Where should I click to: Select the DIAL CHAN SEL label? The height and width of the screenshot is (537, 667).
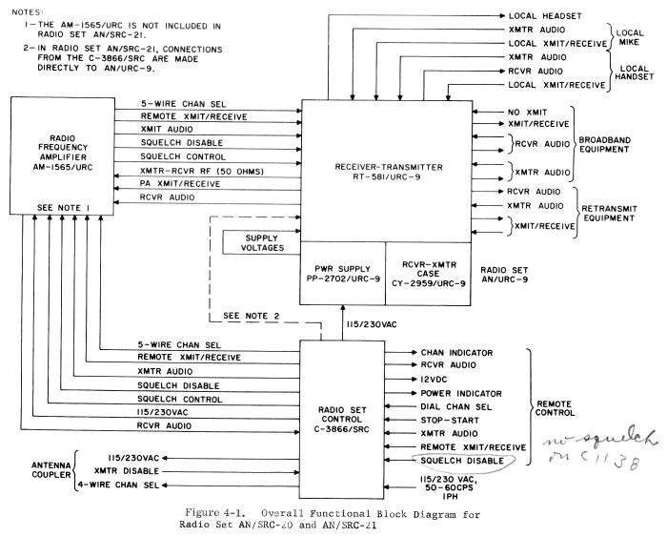(452, 404)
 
